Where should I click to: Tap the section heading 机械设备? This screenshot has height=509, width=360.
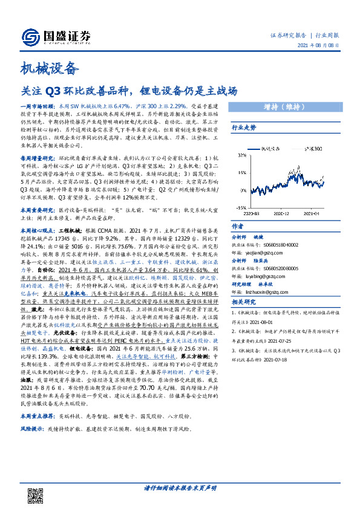(x=50, y=68)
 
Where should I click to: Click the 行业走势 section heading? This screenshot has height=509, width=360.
(x=244, y=128)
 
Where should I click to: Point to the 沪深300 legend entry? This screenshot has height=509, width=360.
(x=310, y=148)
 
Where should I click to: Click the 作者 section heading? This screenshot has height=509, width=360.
(x=238, y=225)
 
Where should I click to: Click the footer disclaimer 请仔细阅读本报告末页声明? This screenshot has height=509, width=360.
(x=180, y=488)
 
